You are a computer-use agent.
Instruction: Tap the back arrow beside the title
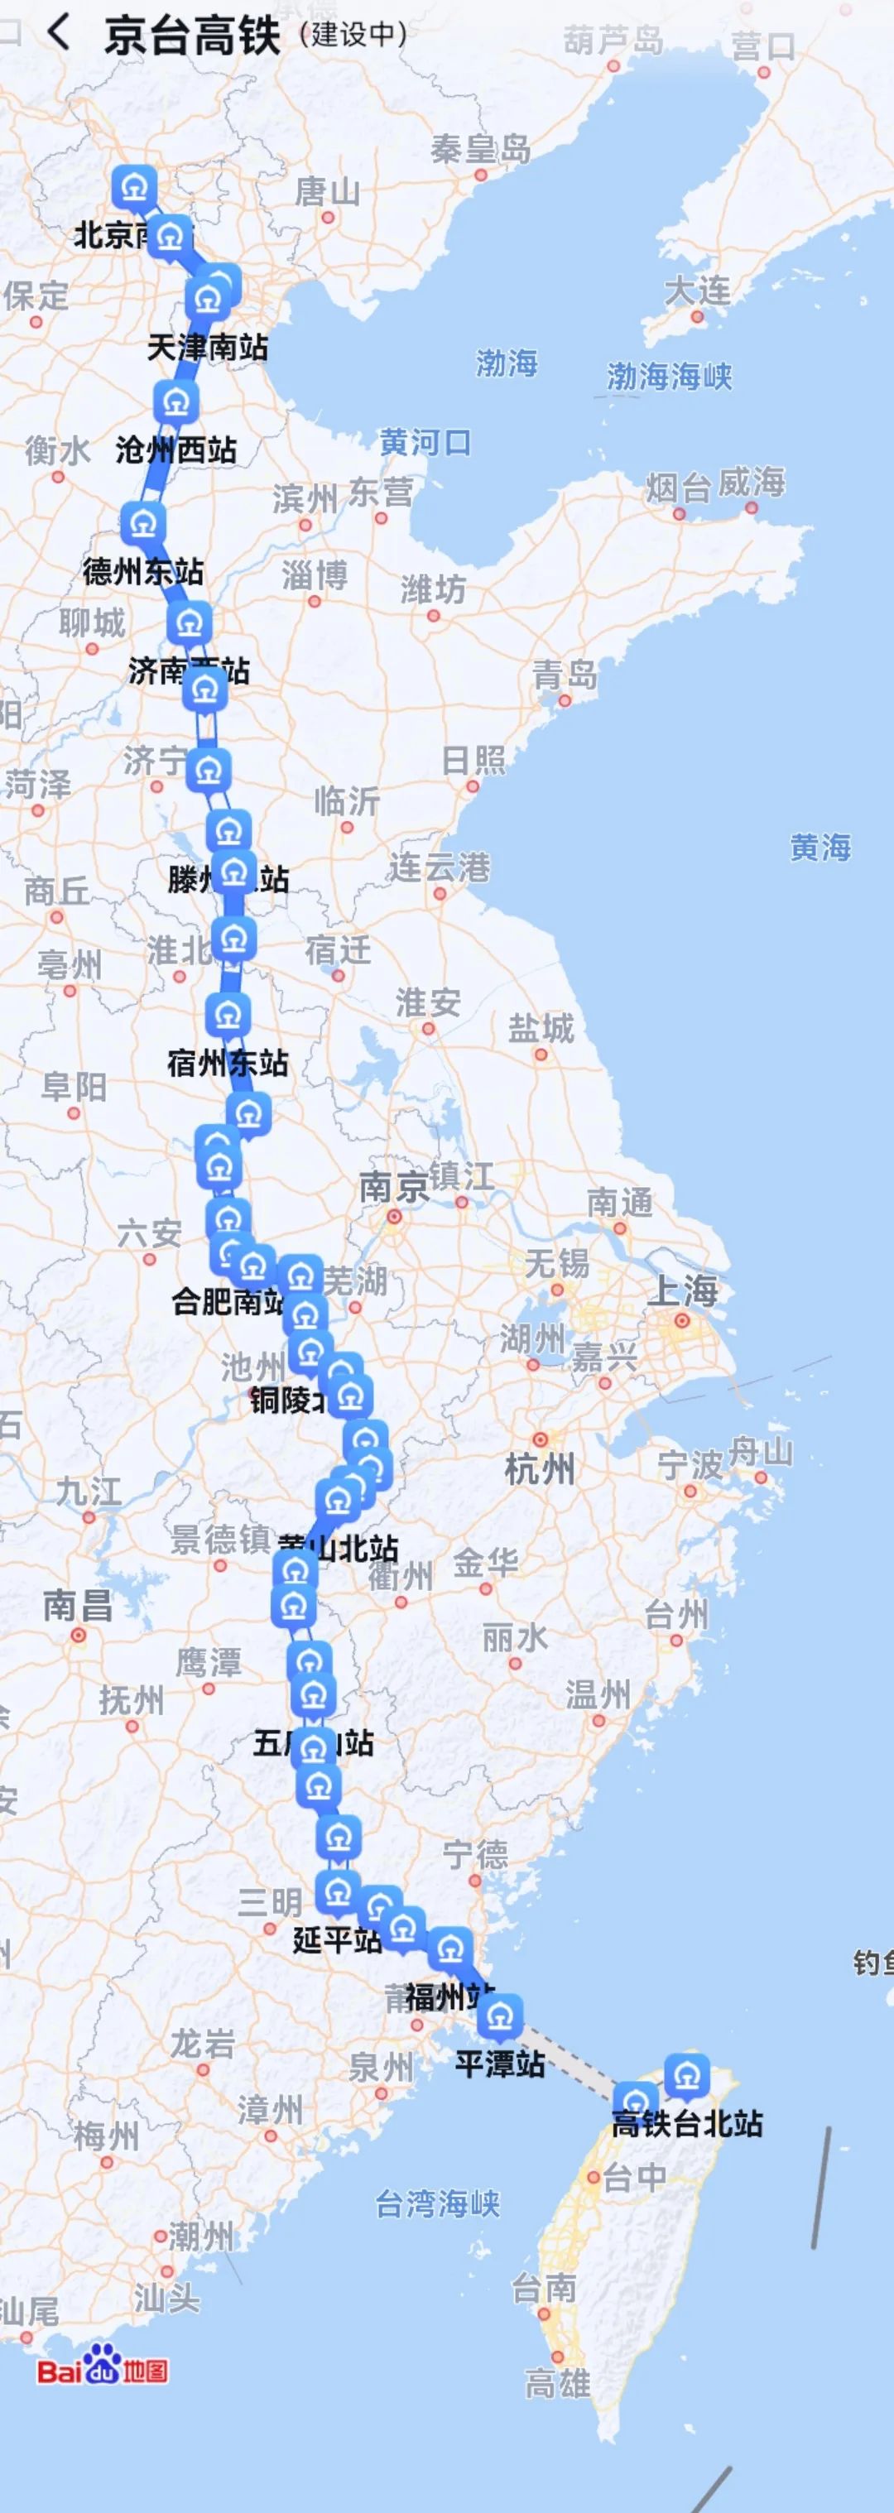click(x=59, y=33)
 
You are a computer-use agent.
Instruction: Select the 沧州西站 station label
click(x=176, y=449)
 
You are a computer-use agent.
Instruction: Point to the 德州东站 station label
click(x=143, y=570)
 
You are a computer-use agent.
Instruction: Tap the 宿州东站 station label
click(x=228, y=1062)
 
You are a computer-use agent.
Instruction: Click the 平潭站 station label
click(x=500, y=2064)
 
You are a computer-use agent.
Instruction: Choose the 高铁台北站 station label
click(x=687, y=2124)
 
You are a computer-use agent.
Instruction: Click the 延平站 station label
click(x=337, y=1939)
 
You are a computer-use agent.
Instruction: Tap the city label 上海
click(x=682, y=1291)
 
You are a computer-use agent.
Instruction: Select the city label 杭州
click(x=540, y=1468)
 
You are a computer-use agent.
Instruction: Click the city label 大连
click(x=697, y=290)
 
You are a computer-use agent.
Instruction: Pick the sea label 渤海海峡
click(x=670, y=377)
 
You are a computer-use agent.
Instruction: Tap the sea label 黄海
click(x=819, y=847)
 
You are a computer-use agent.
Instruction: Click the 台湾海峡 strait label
click(x=437, y=2203)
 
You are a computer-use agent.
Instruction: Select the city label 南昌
click(x=77, y=1606)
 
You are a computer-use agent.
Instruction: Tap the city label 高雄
click(x=557, y=2384)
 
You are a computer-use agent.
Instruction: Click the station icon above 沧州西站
click(x=175, y=402)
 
